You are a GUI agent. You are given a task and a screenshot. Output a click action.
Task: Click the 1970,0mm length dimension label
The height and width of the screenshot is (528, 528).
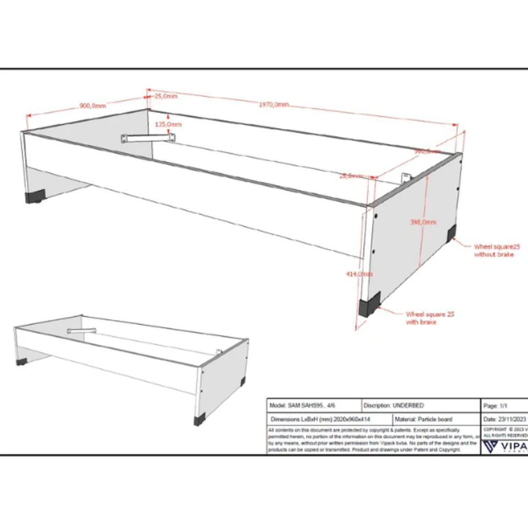pyautogui.click(x=273, y=105)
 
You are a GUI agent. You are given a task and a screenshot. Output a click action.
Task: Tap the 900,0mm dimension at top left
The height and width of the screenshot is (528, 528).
pyautogui.click(x=93, y=106)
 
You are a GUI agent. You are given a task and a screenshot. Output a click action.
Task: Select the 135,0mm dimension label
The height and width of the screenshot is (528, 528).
pyautogui.click(x=168, y=125)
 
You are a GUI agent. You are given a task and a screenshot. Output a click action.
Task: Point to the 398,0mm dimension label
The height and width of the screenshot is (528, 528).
pyautogui.click(x=423, y=222)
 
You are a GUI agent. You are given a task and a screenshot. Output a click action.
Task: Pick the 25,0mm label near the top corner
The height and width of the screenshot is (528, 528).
pyautogui.click(x=166, y=96)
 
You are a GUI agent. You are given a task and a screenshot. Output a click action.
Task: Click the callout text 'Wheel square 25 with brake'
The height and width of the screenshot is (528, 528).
pyautogui.click(x=430, y=318)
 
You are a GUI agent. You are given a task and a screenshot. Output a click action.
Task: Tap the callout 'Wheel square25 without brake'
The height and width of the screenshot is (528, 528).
pyautogui.click(x=496, y=251)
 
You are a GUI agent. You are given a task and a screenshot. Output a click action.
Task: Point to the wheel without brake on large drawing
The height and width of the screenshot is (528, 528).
pyautogui.click(x=451, y=234)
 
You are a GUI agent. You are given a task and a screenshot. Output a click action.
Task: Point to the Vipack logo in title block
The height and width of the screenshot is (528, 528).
pyautogui.click(x=503, y=444)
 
